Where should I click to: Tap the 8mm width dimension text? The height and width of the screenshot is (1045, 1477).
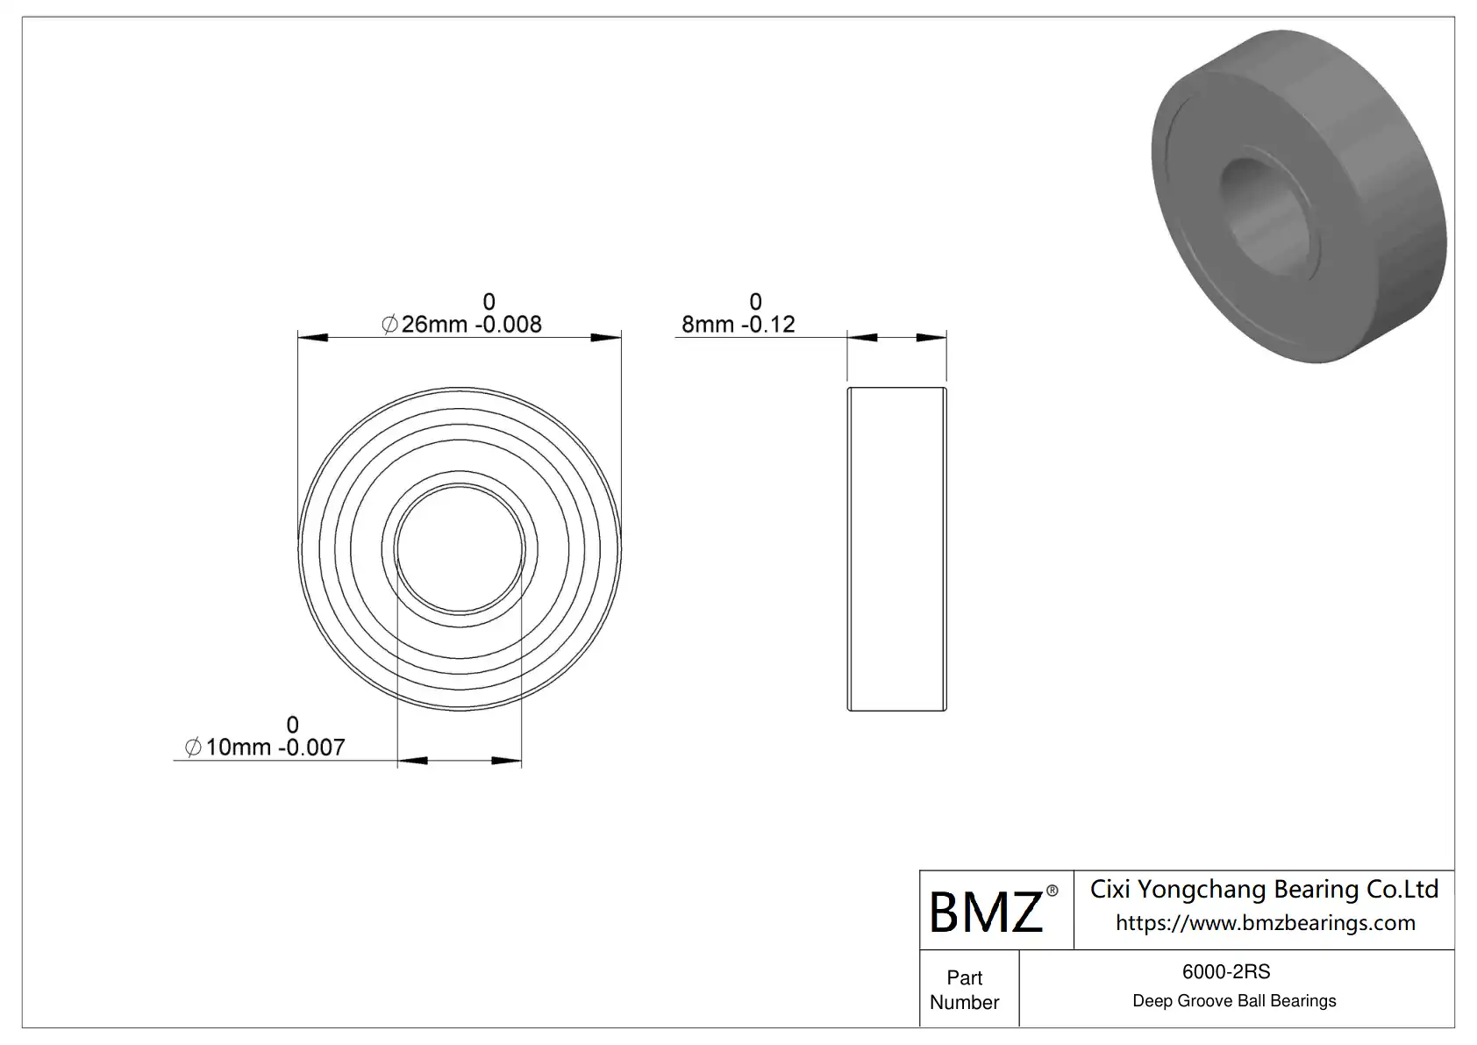click(x=708, y=325)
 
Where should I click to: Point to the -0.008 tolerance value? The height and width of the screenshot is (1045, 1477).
click(x=509, y=325)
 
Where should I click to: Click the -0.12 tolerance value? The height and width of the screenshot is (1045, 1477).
click(x=768, y=325)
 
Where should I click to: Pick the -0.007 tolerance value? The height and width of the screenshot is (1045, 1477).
click(x=312, y=748)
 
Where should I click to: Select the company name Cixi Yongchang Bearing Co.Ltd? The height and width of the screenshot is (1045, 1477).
click(x=1264, y=890)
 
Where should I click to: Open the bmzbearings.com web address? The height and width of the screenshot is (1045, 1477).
click(x=1266, y=922)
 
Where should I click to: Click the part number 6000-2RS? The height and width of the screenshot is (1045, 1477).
click(x=1226, y=971)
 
